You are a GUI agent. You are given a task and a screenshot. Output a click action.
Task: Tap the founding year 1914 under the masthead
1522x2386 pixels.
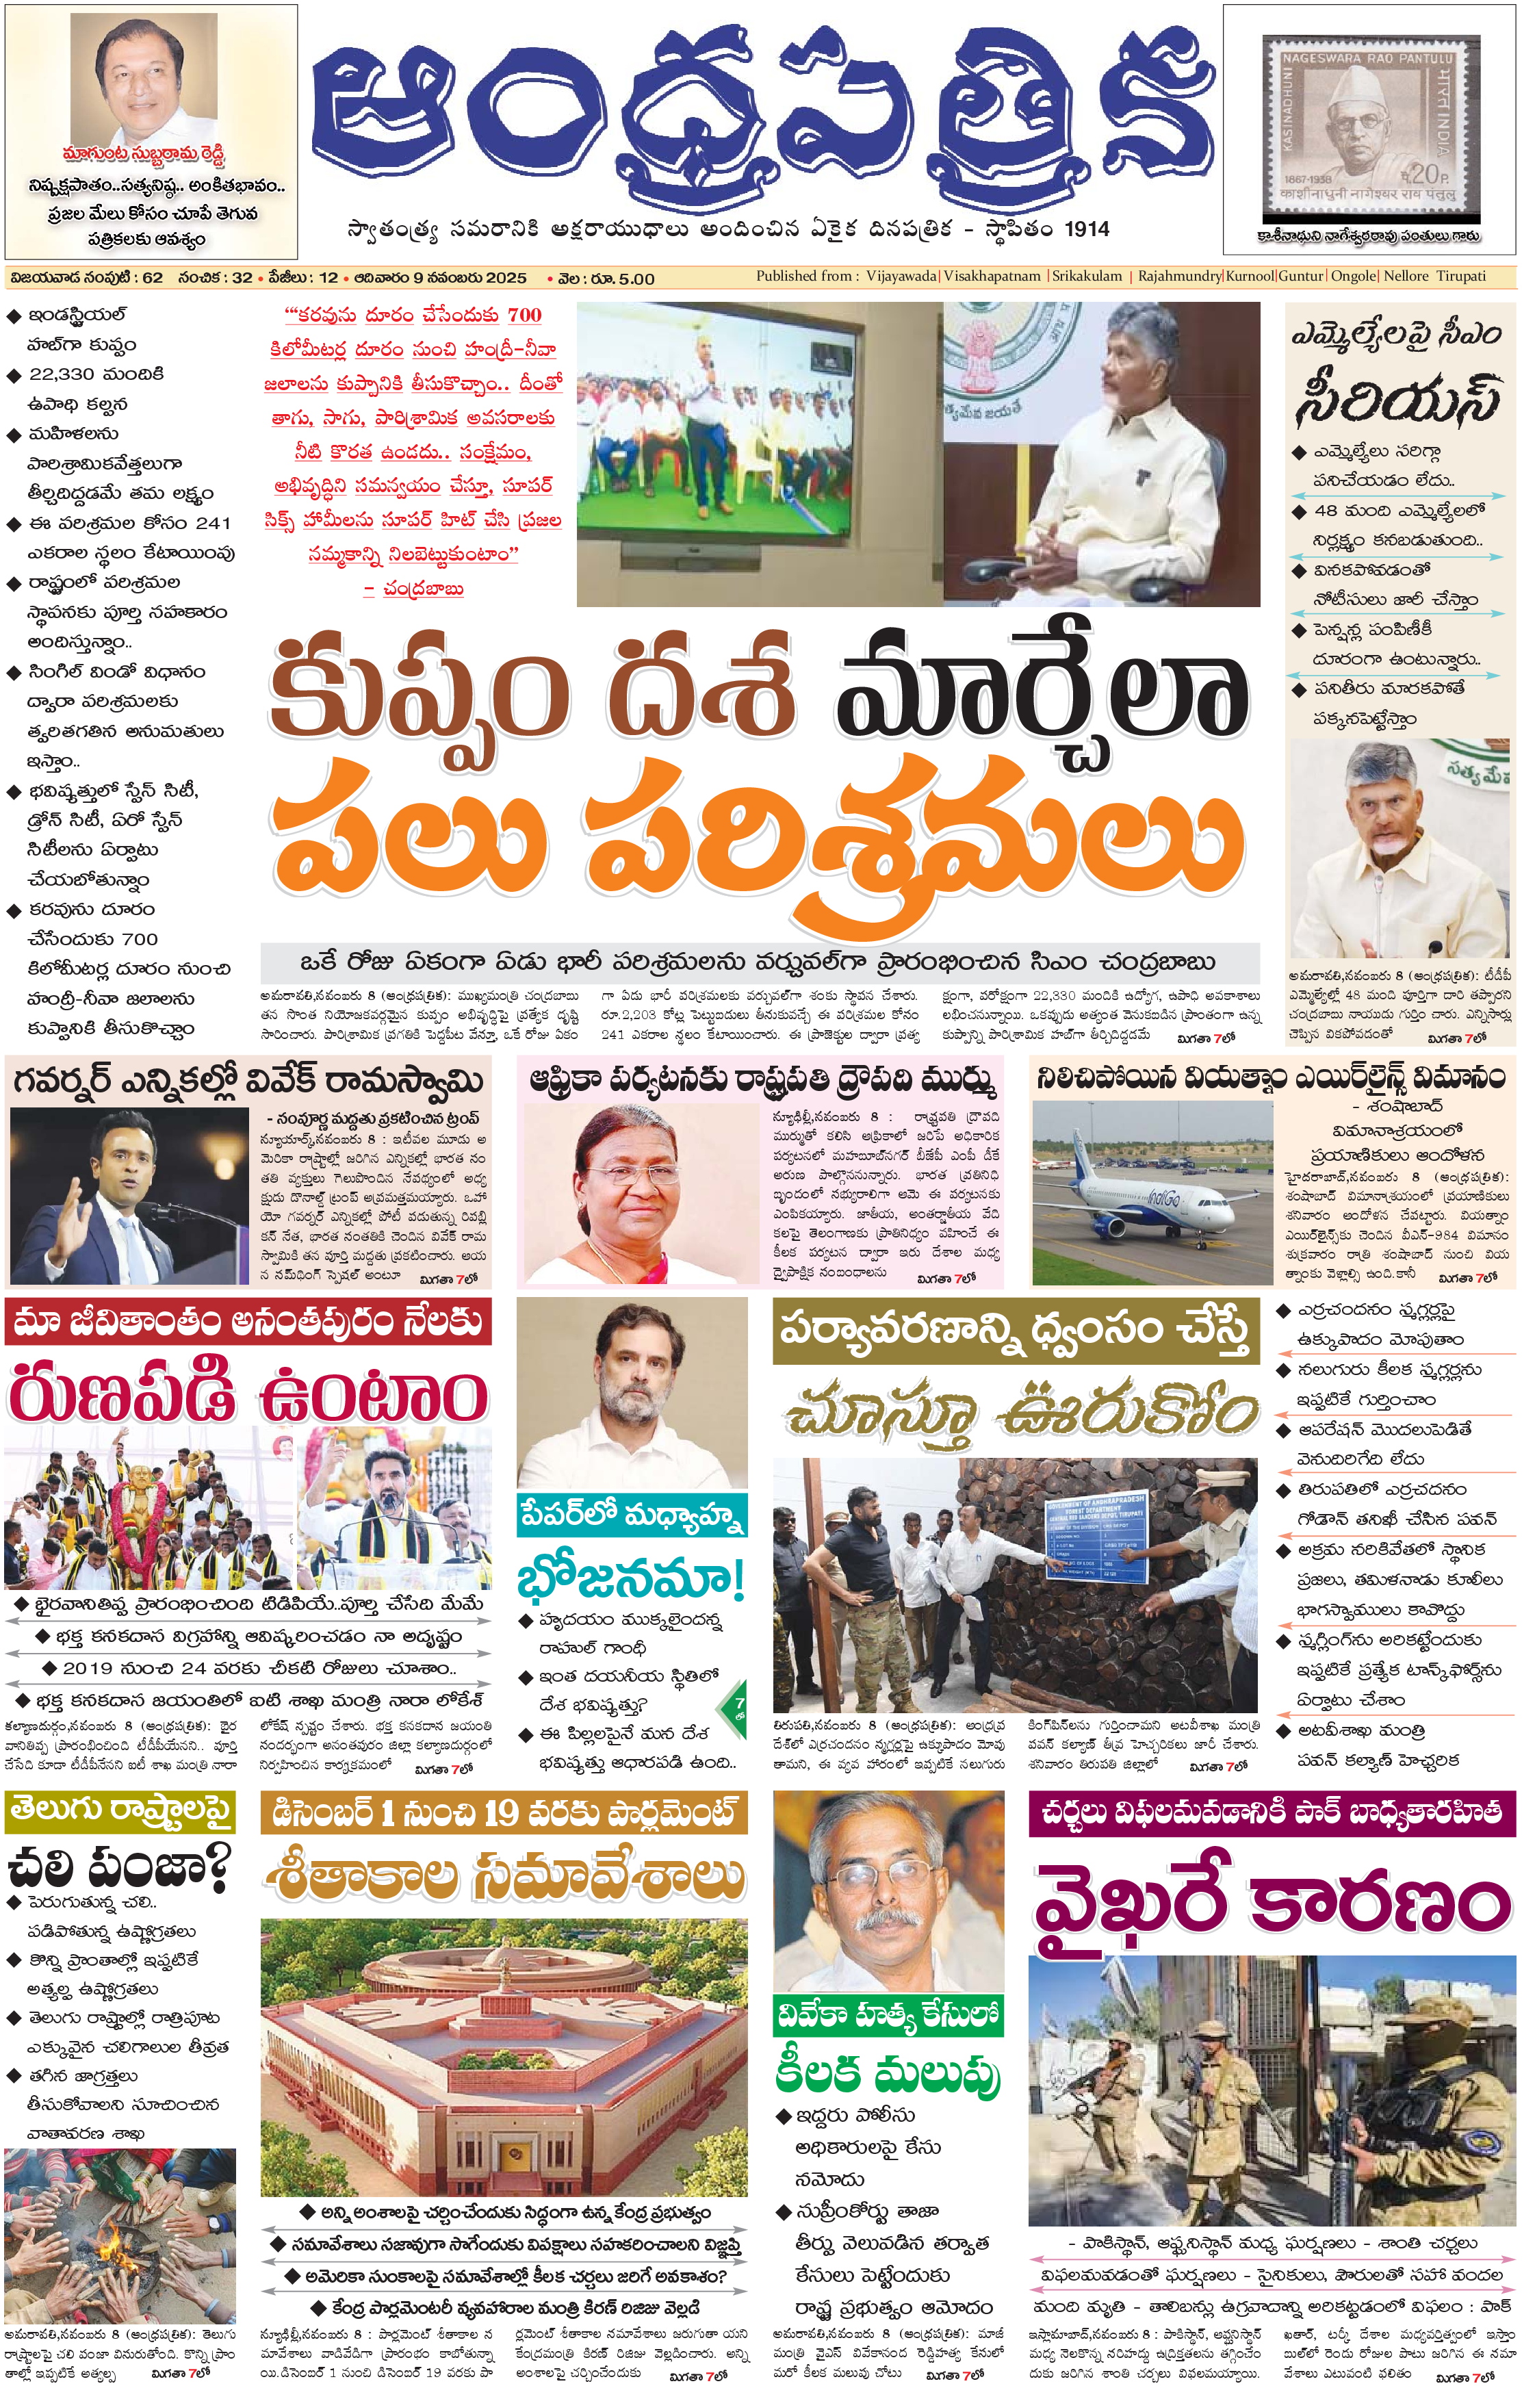(1086, 229)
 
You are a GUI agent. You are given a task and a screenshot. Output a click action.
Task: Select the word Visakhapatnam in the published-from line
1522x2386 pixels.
(992, 277)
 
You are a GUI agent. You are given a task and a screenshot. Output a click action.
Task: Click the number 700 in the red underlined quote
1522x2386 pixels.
(524, 315)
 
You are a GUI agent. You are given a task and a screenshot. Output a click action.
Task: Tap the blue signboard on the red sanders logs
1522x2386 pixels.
(1098, 1532)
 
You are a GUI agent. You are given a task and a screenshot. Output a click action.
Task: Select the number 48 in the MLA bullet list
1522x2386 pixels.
(1325, 511)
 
